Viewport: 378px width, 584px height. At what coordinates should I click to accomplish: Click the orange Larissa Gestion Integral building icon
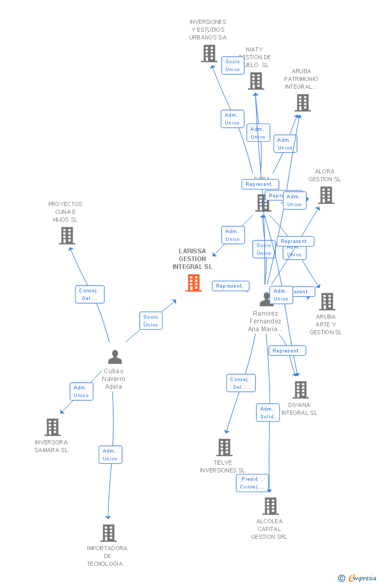click(194, 283)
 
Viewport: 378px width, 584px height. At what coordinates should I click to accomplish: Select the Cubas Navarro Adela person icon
click(115, 357)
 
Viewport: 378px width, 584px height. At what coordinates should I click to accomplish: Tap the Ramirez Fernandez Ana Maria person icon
click(266, 299)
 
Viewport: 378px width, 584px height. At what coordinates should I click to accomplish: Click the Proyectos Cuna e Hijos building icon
click(67, 236)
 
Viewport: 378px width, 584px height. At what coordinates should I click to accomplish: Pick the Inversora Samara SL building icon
click(52, 427)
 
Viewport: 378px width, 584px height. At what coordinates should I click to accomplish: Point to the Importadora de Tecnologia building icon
click(108, 533)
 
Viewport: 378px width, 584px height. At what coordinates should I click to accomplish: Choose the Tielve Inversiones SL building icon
click(224, 447)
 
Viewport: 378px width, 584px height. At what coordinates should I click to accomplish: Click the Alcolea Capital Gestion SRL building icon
click(271, 506)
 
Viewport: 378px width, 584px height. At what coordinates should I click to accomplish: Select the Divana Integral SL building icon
click(301, 390)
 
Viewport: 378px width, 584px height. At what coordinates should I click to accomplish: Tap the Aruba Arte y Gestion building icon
click(327, 302)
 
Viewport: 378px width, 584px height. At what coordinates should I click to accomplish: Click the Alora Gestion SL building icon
click(326, 195)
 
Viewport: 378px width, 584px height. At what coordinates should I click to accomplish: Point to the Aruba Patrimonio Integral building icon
click(303, 103)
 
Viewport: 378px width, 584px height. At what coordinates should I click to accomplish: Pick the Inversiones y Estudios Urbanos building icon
click(209, 53)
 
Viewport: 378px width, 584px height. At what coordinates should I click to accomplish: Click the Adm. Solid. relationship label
click(268, 413)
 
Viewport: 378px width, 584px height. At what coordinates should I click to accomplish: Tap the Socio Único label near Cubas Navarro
click(151, 321)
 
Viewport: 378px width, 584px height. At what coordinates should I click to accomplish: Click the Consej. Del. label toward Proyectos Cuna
click(90, 294)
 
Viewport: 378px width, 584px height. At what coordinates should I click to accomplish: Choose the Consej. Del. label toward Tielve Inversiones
click(241, 383)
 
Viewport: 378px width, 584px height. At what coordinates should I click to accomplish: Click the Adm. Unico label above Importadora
click(110, 455)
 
